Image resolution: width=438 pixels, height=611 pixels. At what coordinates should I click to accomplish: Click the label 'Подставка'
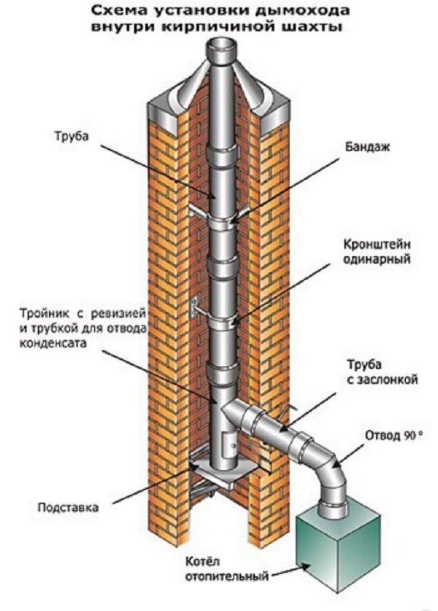(x=65, y=506)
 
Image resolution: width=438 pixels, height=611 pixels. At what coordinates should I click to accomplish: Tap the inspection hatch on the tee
(x=227, y=443)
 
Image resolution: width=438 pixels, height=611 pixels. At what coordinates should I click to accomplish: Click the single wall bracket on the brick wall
(x=195, y=307)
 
